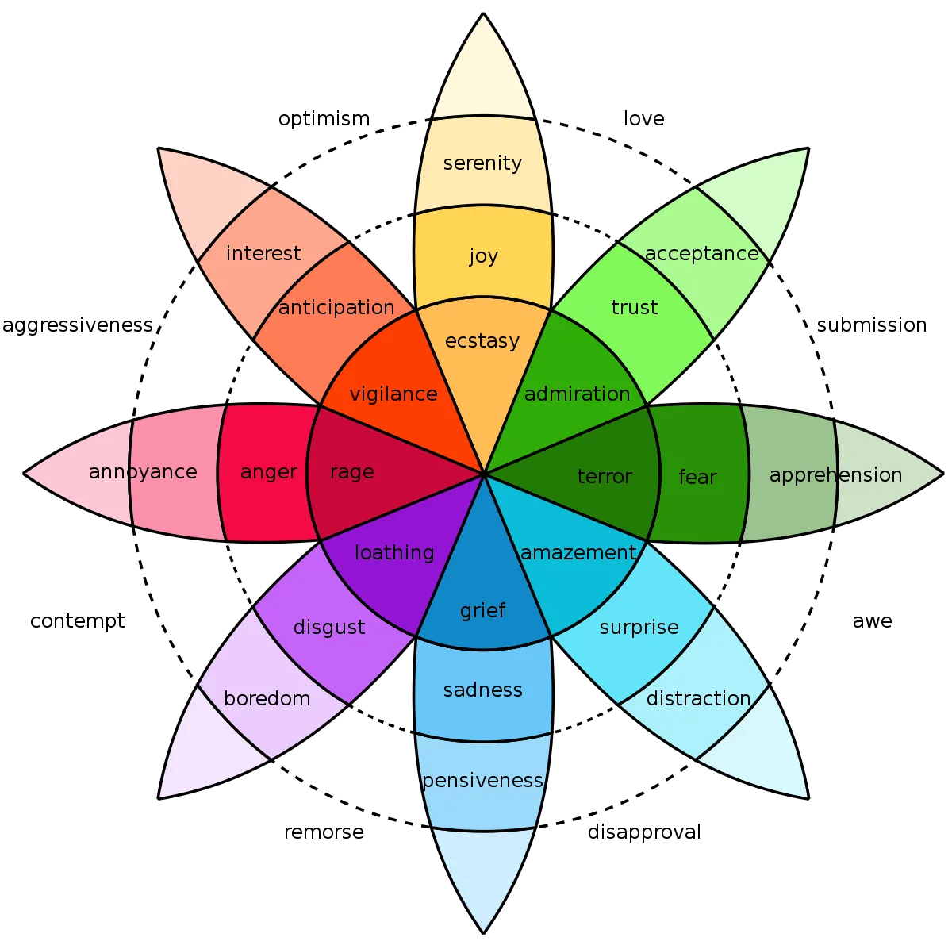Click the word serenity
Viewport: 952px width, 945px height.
click(x=482, y=163)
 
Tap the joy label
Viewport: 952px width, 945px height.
click(x=483, y=255)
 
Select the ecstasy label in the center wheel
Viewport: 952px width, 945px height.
click(x=482, y=341)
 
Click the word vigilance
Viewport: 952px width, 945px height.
click(x=393, y=394)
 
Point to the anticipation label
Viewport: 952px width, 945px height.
click(x=336, y=308)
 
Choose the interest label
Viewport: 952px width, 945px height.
click(x=263, y=254)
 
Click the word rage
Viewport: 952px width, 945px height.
click(x=351, y=472)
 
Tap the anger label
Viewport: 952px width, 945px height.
click(x=269, y=472)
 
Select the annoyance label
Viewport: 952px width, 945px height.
click(x=143, y=472)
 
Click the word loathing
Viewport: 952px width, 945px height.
click(x=394, y=553)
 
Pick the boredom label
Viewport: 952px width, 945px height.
click(x=267, y=699)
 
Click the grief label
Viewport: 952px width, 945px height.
click(x=482, y=611)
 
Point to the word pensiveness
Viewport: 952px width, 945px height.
click(x=482, y=781)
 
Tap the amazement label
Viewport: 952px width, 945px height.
click(x=578, y=553)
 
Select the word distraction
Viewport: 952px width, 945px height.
click(x=698, y=699)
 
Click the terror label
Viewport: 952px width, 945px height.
click(x=605, y=477)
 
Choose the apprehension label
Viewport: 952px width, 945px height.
click(x=835, y=475)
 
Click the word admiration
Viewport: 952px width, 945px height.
click(x=578, y=394)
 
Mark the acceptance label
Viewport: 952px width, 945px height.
click(x=702, y=254)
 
